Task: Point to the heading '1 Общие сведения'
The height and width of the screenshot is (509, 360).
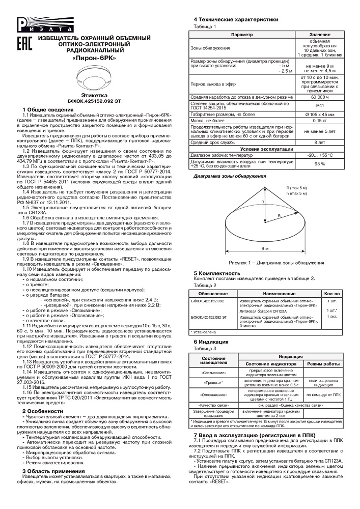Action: point(48,110)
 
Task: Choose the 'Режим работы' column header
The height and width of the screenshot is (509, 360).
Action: point(323,364)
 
